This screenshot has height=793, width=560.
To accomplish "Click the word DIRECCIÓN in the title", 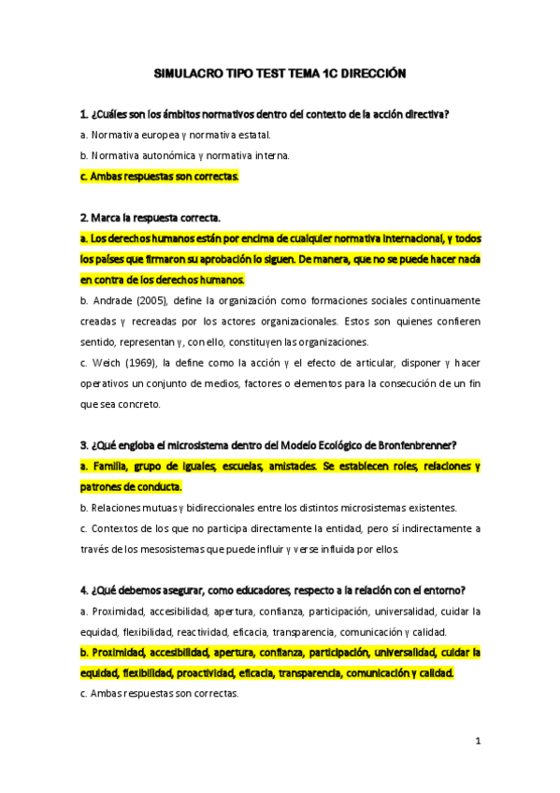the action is tap(374, 72).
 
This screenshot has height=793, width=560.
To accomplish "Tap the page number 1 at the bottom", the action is tap(477, 741).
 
